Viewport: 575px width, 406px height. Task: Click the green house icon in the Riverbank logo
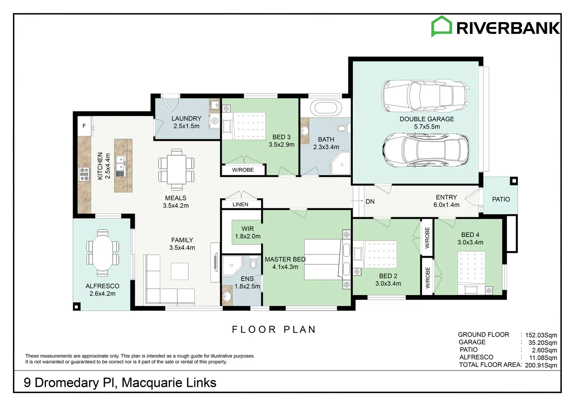[x=441, y=26]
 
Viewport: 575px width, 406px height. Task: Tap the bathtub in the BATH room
[x=326, y=107]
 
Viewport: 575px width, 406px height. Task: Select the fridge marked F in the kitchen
[x=84, y=126]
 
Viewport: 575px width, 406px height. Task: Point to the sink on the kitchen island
[x=120, y=163]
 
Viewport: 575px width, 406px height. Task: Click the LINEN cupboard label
[x=241, y=205]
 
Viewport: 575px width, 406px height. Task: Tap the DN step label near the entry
[x=370, y=201]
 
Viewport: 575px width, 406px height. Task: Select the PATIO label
[x=501, y=199]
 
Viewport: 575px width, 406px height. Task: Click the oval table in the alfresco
[x=103, y=253]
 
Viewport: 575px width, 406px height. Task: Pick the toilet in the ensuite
[x=254, y=262]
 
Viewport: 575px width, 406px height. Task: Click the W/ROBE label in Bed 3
[x=243, y=170]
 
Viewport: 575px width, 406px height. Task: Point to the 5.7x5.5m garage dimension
[x=427, y=127]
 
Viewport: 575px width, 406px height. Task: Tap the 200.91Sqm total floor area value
[x=541, y=365]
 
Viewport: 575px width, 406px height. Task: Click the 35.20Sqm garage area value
[x=543, y=343]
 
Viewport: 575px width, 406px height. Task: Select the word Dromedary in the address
[x=66, y=383]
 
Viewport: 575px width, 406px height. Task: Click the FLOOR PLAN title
[x=274, y=329]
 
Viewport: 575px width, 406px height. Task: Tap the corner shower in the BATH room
[x=341, y=163]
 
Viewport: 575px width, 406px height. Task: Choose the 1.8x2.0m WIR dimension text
[x=248, y=236]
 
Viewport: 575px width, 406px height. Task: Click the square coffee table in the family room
[x=180, y=271]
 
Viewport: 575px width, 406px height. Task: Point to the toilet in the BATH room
[x=344, y=128]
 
